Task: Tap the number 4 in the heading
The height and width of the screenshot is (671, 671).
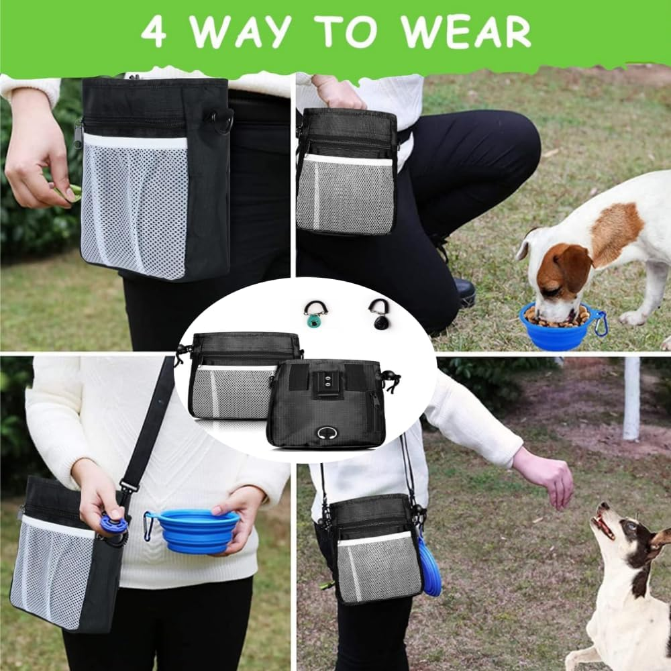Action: tap(153, 32)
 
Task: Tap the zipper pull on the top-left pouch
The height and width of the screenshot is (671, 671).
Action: tap(79, 134)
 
